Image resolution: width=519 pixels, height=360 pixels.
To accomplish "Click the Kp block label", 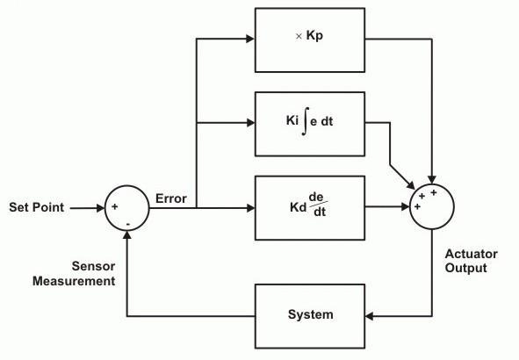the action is pyautogui.click(x=309, y=36).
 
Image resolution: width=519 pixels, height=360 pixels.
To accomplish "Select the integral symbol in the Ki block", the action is pyautogui.click(x=306, y=121).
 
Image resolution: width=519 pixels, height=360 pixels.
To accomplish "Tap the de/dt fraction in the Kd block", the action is pyautogui.click(x=318, y=205).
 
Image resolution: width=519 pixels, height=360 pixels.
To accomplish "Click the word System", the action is pyautogui.click(x=311, y=314).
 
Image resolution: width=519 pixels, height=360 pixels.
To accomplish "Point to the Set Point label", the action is pyautogui.click(x=36, y=207).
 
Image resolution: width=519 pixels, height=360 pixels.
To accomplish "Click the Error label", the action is pyautogui.click(x=171, y=198).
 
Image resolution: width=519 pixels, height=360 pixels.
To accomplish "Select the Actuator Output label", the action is pyautogui.click(x=471, y=261).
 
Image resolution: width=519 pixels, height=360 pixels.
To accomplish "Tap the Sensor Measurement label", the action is pyautogui.click(x=74, y=274).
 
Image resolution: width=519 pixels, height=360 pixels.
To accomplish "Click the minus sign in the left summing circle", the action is pyautogui.click(x=128, y=225).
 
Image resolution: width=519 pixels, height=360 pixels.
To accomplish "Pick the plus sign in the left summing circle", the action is pyautogui.click(x=114, y=207).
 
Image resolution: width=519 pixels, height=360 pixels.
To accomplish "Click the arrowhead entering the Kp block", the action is pyautogui.click(x=250, y=39).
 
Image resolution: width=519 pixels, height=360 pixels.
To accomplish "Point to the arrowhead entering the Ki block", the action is pyautogui.click(x=250, y=123).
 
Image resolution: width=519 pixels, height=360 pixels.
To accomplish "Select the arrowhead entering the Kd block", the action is pyautogui.click(x=250, y=208).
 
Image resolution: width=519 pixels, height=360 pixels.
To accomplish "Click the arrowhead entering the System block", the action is pyautogui.click(x=370, y=316).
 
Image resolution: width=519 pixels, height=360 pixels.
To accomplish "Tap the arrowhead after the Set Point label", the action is pyautogui.click(x=101, y=208).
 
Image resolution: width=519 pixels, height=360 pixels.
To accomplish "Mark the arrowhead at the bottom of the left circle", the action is pyautogui.click(x=126, y=234).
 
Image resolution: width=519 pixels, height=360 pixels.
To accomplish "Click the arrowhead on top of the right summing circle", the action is pyautogui.click(x=431, y=180).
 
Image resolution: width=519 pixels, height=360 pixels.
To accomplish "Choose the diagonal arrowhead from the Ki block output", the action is pyautogui.click(x=411, y=185).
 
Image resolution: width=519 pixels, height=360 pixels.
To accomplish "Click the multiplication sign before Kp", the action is pyautogui.click(x=299, y=36).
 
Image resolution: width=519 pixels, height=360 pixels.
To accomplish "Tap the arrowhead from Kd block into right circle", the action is pyautogui.click(x=406, y=207).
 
